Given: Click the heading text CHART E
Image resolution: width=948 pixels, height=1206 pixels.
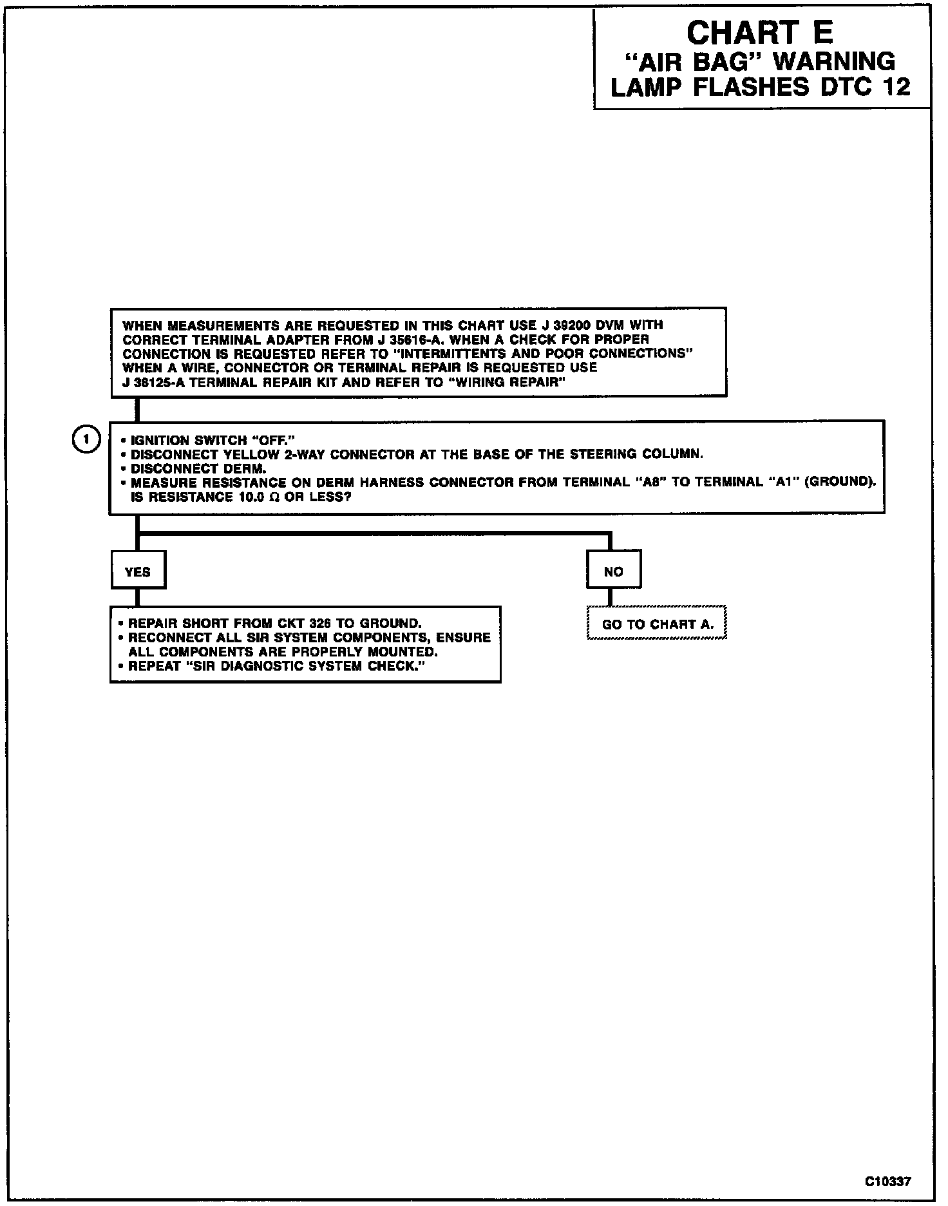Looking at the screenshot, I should coord(760,33).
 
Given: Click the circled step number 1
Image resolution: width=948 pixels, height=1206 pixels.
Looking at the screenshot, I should coord(85,440).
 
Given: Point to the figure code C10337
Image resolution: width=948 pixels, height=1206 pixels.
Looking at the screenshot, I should coord(888,1181).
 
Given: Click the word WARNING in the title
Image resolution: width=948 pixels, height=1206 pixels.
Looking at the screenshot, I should coord(835,62).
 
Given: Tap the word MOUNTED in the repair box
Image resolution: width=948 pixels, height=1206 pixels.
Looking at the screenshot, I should coord(402,652).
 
